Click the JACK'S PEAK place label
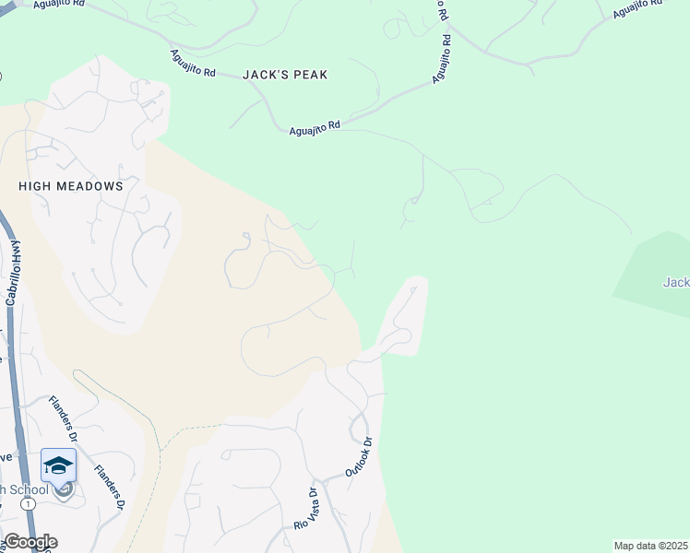click(285, 75)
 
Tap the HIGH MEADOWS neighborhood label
click(71, 186)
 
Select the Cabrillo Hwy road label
click(14, 273)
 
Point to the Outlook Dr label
click(358, 456)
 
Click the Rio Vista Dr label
click(304, 509)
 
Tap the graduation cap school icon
click(58, 465)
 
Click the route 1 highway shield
click(30, 504)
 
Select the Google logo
click(30, 542)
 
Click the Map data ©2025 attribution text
click(650, 546)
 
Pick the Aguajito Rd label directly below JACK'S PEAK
click(315, 128)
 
